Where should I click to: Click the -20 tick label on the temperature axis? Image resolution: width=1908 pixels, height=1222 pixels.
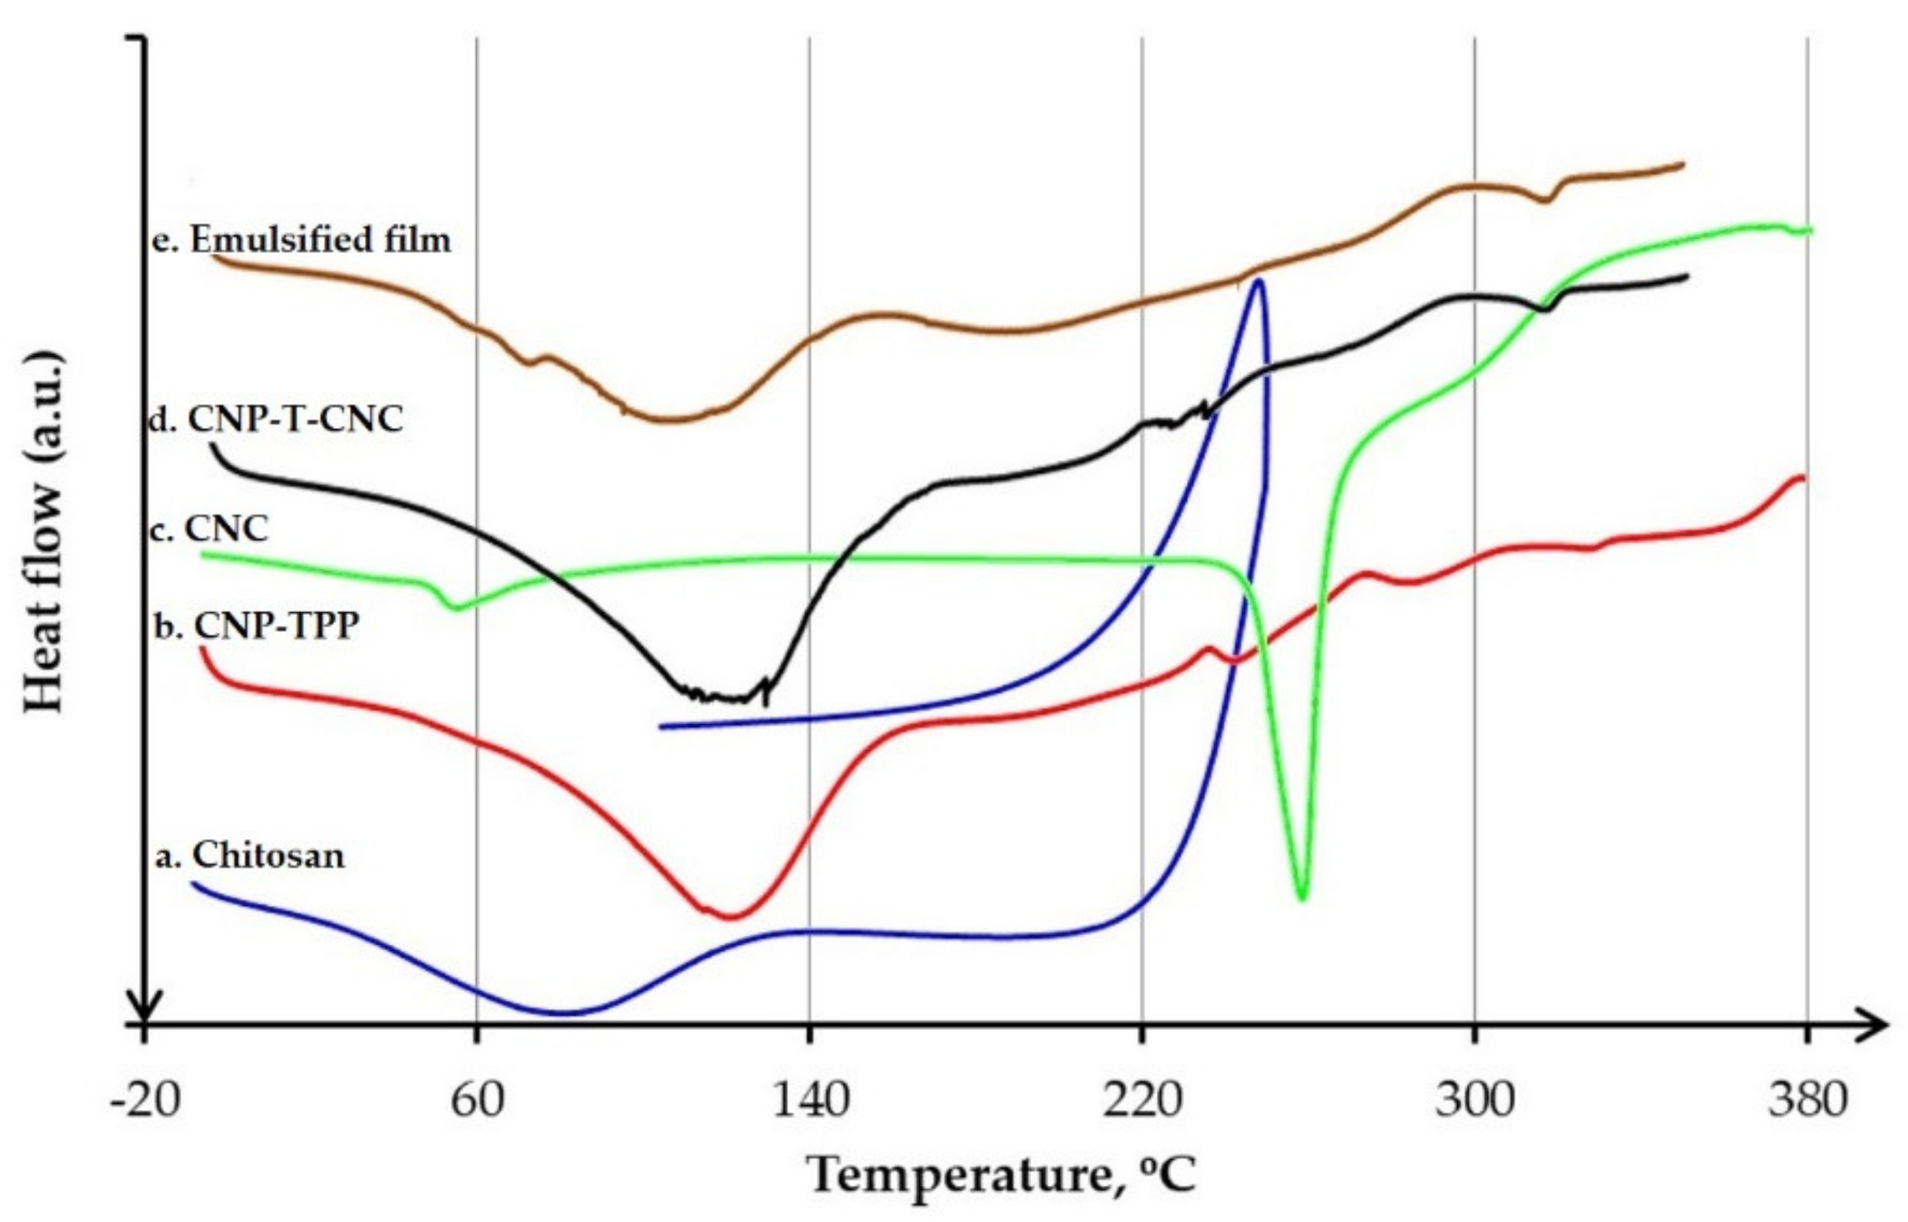click(x=144, y=1101)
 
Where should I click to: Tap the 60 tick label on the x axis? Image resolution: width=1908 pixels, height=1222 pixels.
click(x=477, y=1101)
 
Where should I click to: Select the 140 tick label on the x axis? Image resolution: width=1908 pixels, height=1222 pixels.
click(x=809, y=1101)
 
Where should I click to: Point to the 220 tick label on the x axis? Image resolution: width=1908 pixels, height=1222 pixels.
click(x=1142, y=1101)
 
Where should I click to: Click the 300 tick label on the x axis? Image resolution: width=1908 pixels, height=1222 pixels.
click(x=1475, y=1101)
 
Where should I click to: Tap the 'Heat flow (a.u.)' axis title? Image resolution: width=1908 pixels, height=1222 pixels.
click(x=43, y=533)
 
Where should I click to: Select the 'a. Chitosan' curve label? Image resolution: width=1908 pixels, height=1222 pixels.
click(x=250, y=856)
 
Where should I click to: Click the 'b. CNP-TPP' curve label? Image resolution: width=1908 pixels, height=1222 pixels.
click(x=255, y=626)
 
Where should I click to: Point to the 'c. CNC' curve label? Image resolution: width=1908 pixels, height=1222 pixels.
click(x=210, y=529)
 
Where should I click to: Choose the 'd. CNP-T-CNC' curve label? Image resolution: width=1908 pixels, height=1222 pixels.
click(x=276, y=419)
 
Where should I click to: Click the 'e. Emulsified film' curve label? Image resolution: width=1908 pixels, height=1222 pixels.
click(x=302, y=239)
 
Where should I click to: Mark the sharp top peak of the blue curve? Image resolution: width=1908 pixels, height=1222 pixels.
click(x=1258, y=281)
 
